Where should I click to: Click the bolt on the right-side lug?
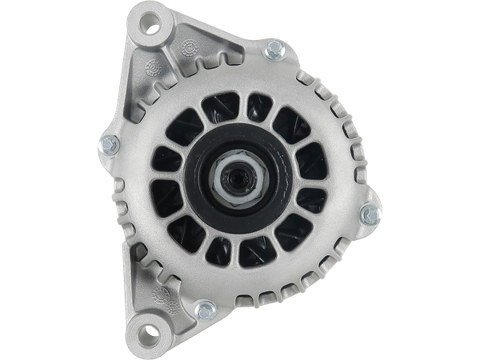pos(370,214)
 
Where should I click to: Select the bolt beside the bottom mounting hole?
pos(205,307)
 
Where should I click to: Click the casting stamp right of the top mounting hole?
pos(190,47)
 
